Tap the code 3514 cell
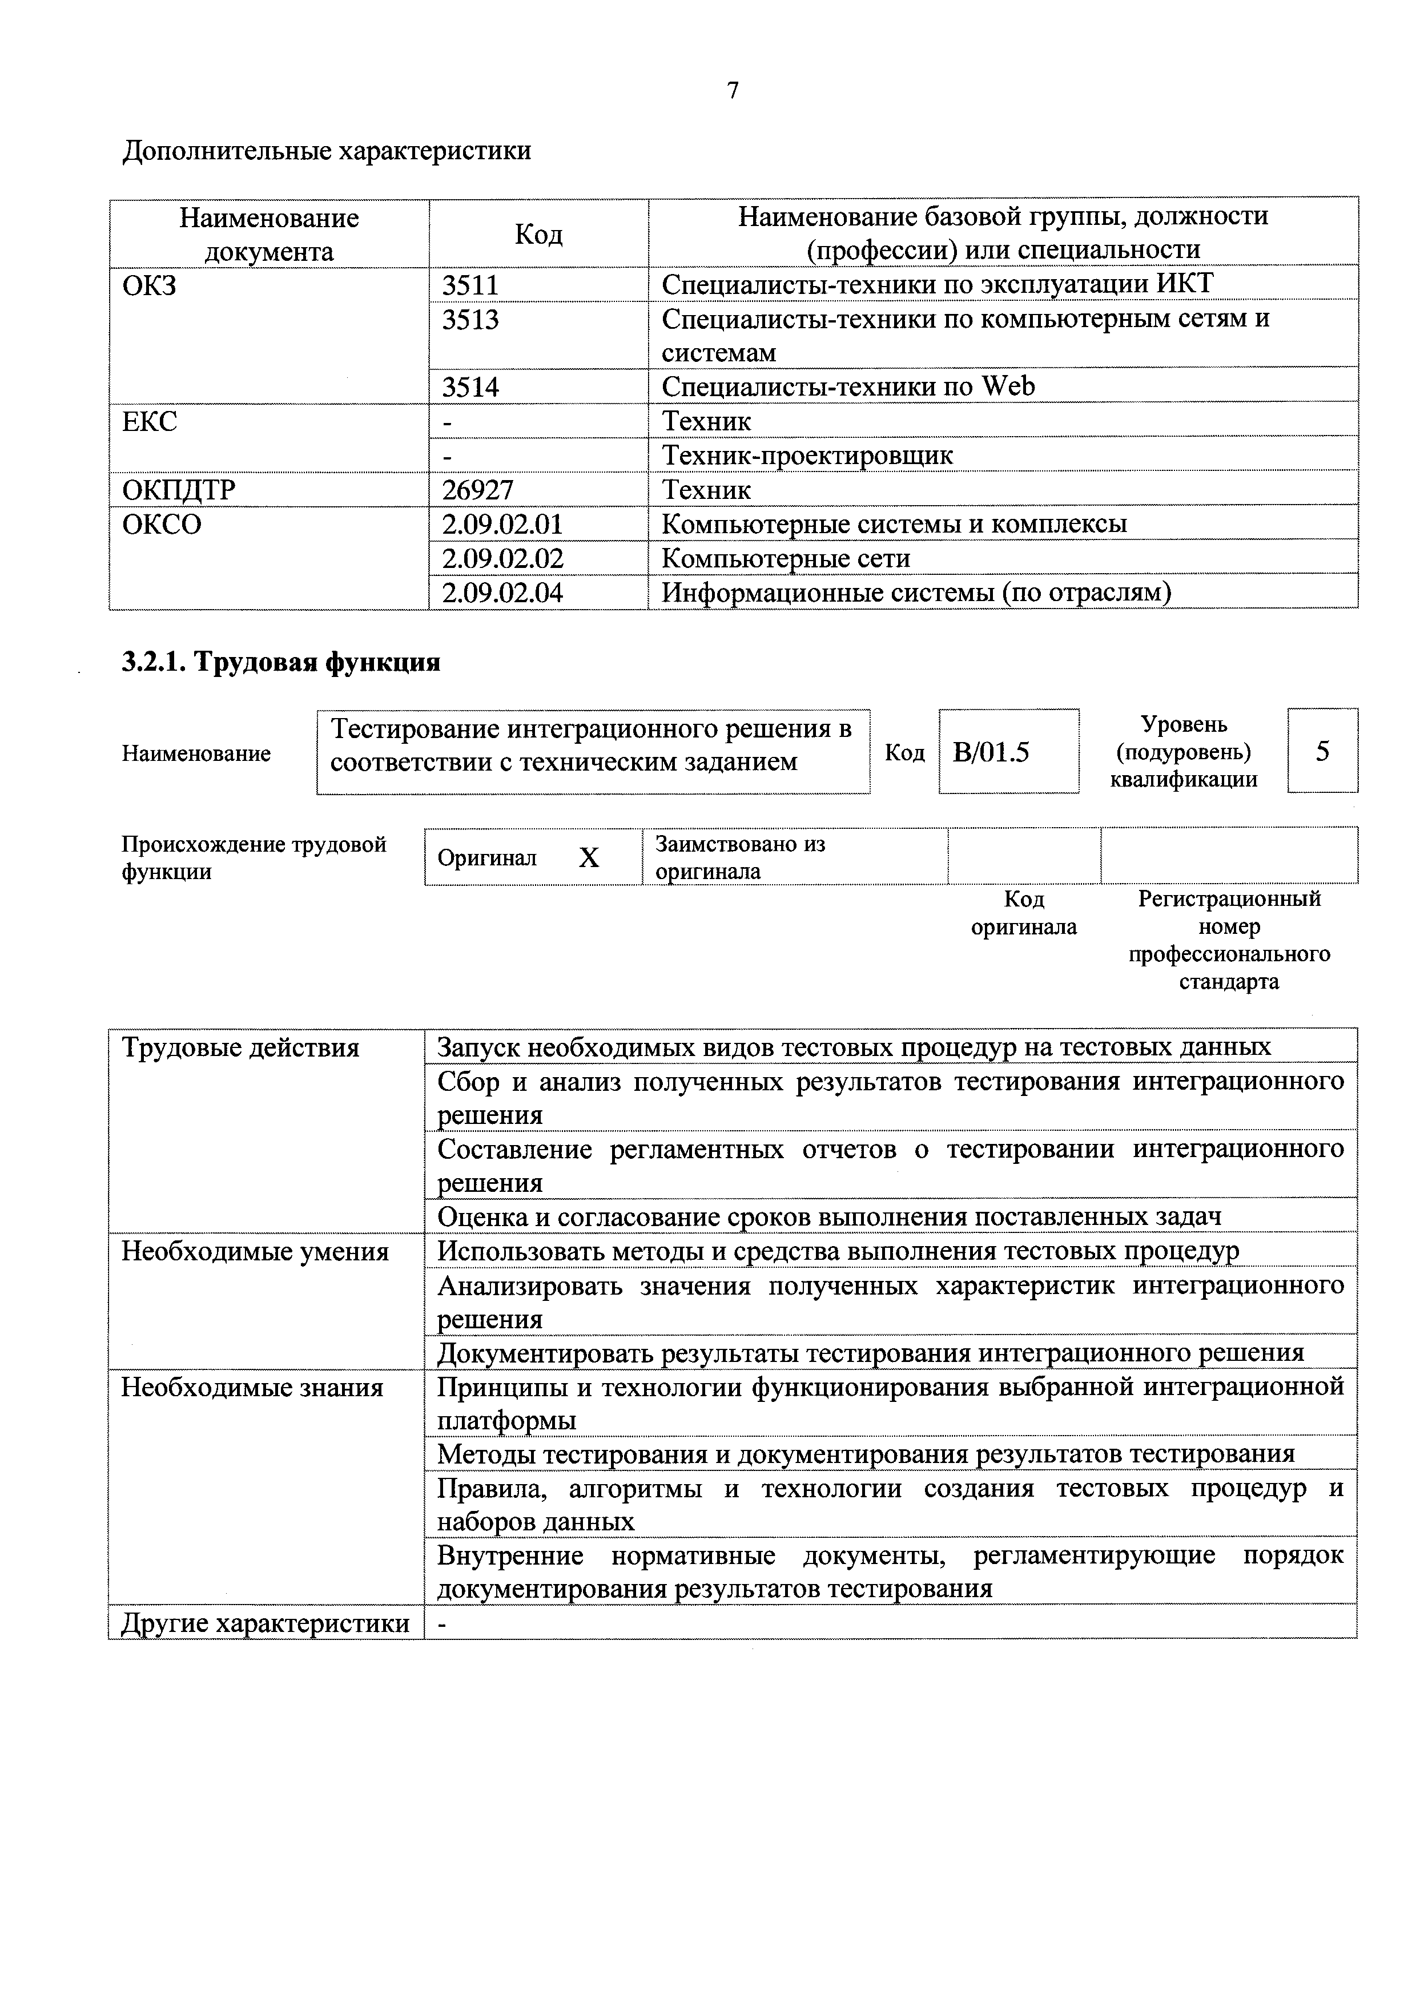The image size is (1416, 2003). click(x=470, y=386)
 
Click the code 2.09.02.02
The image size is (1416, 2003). click(x=502, y=558)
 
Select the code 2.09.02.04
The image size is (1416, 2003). click(x=502, y=593)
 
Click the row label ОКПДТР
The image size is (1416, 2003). click(x=179, y=489)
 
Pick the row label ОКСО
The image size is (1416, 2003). click(x=162, y=525)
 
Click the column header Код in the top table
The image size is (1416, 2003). click(x=538, y=234)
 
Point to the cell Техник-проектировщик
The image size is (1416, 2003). click(x=807, y=456)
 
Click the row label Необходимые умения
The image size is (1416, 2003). click(x=255, y=1252)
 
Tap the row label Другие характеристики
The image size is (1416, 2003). click(x=265, y=1623)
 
